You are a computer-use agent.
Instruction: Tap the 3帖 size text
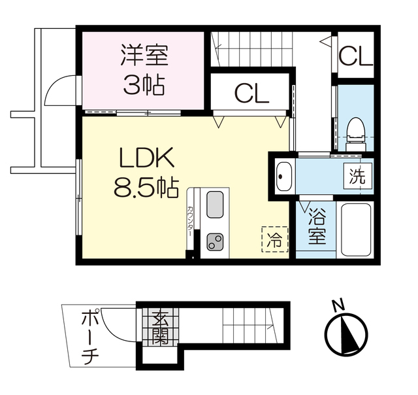(144, 85)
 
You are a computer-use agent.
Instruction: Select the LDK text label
(145, 159)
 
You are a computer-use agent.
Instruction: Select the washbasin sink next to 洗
(284, 176)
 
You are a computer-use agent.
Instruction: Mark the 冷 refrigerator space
(274, 239)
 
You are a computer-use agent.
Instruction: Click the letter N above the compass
(338, 306)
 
